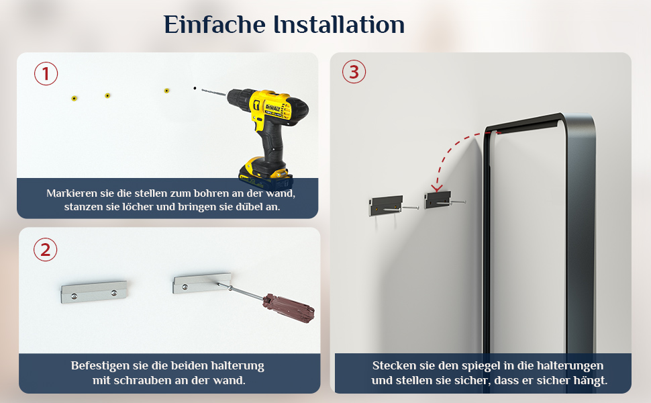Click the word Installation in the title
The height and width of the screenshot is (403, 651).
pos(339,24)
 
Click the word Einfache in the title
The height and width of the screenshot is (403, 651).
pos(215,24)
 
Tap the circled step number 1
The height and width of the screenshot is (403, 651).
pos(46,73)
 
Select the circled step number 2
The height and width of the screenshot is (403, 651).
pos(45,250)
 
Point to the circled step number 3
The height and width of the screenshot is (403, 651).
pos(354,71)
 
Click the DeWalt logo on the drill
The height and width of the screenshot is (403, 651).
pos(272,108)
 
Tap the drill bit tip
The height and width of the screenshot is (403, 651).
pos(203,90)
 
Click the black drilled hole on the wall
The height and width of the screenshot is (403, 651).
pos(195,88)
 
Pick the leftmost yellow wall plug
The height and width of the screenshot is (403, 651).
pos(74,99)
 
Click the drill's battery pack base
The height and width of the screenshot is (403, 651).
pos(266,175)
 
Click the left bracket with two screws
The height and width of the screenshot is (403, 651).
pos(94,292)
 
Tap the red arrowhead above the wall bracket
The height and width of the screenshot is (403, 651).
pos(437,188)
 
